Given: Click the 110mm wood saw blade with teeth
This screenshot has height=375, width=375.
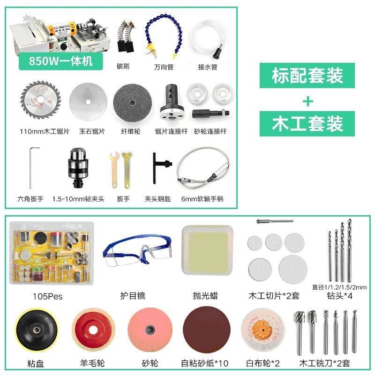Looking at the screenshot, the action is click(x=41, y=100).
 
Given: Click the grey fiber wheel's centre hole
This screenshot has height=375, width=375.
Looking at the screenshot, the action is click(x=132, y=103).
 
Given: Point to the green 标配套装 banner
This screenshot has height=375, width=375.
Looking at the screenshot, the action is click(x=307, y=75).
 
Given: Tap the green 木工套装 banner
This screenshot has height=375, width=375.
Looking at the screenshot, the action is click(x=307, y=124).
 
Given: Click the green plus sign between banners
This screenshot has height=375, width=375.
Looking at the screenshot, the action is click(x=308, y=102).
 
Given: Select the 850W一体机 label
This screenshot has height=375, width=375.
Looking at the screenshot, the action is click(x=61, y=61).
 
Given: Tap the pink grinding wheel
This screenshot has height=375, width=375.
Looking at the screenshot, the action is click(x=150, y=330).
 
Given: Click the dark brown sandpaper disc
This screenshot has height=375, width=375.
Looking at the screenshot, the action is click(x=206, y=330).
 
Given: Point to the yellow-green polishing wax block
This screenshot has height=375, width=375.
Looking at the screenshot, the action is click(x=207, y=250).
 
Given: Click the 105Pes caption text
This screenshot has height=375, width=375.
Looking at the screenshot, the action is click(x=48, y=297).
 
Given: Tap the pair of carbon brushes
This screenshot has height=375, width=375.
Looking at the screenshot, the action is click(x=126, y=37).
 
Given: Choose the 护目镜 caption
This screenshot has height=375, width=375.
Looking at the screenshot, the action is click(x=133, y=296).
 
